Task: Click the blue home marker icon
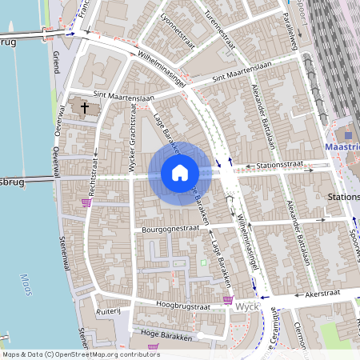[180, 172]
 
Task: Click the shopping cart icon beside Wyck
[228, 301]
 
